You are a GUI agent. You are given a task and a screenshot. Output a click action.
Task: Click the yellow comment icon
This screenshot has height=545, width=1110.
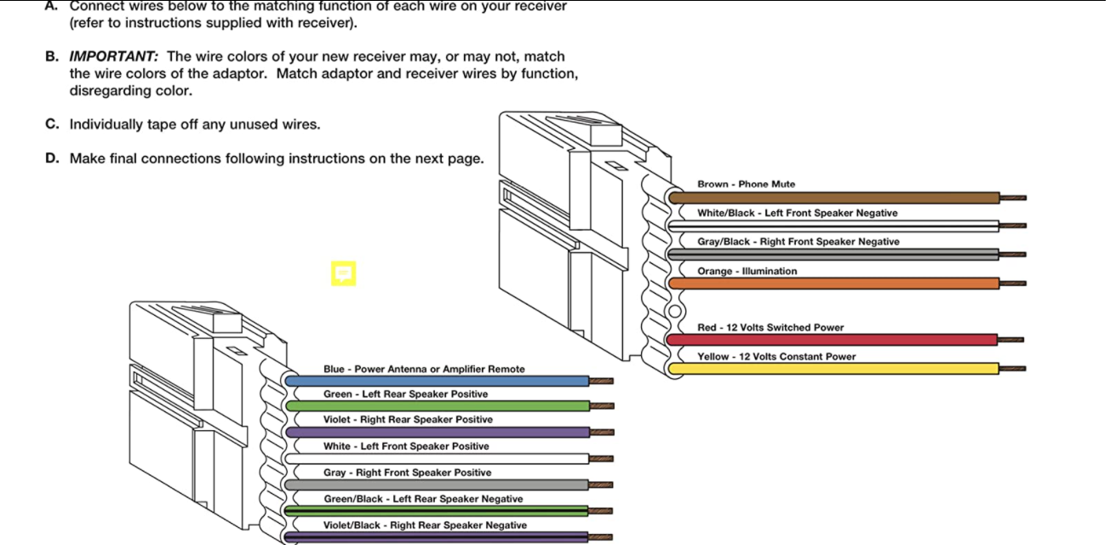tap(343, 273)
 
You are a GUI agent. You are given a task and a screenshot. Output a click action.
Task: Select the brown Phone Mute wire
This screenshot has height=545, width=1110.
tap(834, 198)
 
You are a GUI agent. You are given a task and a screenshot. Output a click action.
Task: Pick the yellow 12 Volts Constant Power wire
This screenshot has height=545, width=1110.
tap(834, 369)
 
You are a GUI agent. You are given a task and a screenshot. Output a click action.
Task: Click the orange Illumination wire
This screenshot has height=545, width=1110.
tap(834, 284)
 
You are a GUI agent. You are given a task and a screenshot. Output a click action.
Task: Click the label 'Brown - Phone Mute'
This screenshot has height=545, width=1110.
tap(746, 184)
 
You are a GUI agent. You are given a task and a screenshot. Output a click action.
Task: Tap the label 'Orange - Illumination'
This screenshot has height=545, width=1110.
tap(747, 271)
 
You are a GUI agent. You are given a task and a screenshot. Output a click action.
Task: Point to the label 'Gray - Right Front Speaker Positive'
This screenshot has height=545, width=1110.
tap(407, 473)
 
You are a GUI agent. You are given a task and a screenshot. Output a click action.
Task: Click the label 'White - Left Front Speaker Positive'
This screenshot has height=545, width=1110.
tap(406, 446)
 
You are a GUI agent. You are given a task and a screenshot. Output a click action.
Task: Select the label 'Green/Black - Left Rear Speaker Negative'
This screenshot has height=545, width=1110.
tap(423, 499)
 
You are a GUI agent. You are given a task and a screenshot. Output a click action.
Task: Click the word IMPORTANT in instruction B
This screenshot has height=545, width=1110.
tap(113, 57)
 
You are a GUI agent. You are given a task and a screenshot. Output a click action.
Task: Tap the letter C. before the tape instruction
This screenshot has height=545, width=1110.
tap(52, 124)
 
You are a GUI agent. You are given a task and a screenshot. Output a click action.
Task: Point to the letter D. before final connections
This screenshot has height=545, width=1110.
tap(52, 158)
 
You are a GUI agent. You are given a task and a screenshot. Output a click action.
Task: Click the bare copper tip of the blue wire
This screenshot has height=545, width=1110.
tap(602, 381)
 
